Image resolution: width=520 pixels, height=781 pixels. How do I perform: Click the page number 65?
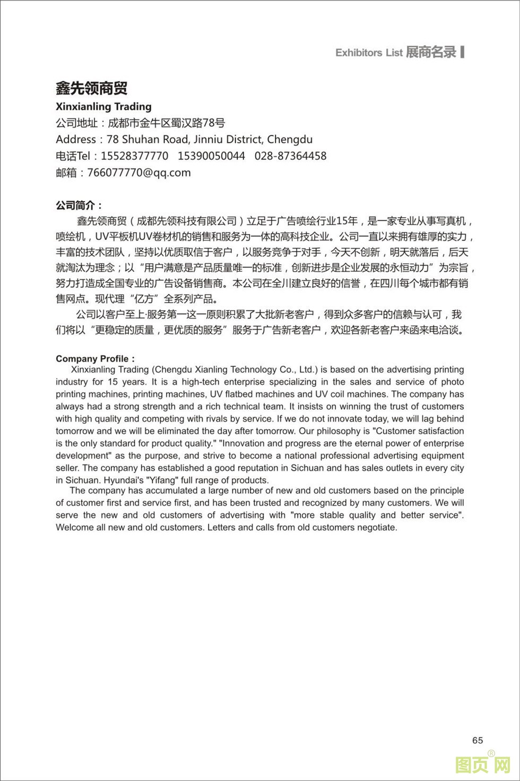coord(477,740)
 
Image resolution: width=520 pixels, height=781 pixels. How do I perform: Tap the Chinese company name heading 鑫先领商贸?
coord(91,88)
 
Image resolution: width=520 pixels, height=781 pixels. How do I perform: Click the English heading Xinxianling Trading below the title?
coord(103,107)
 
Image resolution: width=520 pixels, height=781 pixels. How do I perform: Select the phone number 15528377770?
coord(134,156)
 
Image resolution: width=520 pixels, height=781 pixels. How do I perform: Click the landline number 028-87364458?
coord(290,156)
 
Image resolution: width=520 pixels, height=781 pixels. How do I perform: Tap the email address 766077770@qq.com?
coord(138,173)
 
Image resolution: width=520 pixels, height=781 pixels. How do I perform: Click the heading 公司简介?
coord(79,205)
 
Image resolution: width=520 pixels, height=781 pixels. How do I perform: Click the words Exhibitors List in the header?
coord(369,53)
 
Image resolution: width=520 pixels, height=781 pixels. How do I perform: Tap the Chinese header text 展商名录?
coord(431,52)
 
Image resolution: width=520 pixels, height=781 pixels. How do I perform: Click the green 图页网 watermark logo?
coord(482,765)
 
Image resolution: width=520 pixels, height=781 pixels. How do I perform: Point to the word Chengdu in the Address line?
coord(290,140)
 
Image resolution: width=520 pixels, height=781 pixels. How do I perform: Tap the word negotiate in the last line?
coord(377,527)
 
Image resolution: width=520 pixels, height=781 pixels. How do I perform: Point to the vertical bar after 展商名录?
coord(463,52)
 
